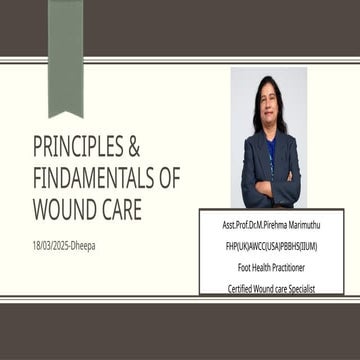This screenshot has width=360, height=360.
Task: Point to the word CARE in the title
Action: point(123,211)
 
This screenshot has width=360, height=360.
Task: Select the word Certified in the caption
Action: point(241,288)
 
